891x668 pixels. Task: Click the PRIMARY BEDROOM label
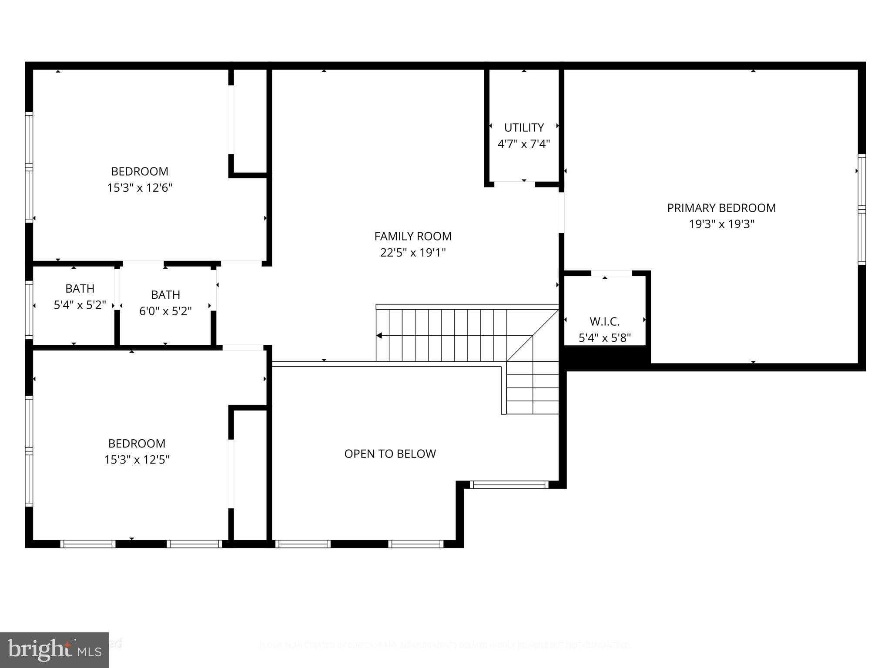[721, 208]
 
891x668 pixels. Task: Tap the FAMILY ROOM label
[413, 236]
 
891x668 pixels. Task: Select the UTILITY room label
[524, 127]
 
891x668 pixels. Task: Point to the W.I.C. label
[604, 321]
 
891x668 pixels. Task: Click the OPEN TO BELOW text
[390, 454]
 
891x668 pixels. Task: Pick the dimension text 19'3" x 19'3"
[721, 224]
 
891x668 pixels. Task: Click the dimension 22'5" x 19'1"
[413, 252]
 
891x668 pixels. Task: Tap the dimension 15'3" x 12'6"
[140, 188]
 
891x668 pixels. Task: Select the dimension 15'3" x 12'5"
[137, 460]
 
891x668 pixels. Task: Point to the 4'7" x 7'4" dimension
[524, 144]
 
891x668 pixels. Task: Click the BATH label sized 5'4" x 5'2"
[80, 288]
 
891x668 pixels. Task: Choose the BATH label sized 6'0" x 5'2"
[165, 294]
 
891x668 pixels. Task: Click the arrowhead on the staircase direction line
[379, 335]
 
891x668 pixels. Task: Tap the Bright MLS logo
[54, 650]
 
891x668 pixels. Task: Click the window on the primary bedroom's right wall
[861, 209]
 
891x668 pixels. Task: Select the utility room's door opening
[514, 184]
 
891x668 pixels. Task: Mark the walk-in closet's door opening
[611, 273]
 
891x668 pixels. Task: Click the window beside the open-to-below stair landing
[509, 484]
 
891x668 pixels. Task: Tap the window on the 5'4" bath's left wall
[29, 309]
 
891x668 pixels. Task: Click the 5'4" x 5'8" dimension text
[604, 338]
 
